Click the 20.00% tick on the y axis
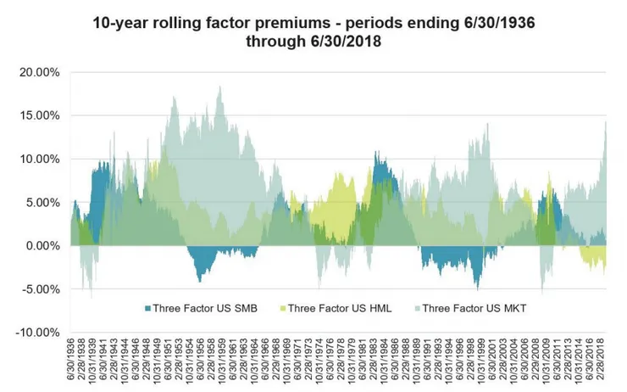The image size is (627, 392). coord(42,72)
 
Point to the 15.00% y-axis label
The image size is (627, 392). coord(42,115)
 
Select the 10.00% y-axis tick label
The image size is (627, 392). coord(42,159)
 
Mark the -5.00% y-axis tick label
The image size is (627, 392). coord(42,288)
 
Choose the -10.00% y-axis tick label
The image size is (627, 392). coord(40,332)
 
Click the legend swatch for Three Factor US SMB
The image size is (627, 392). coord(147,307)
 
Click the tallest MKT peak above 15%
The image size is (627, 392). coord(220,87)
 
